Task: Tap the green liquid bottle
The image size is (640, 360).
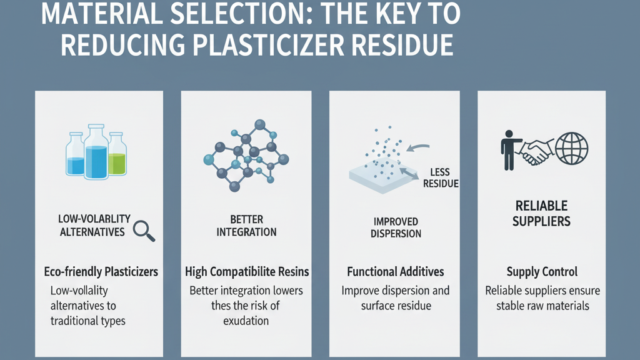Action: [117, 154]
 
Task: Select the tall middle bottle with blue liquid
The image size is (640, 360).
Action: [96, 152]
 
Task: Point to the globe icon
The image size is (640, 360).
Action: [571, 149]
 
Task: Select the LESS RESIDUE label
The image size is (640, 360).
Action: [441, 178]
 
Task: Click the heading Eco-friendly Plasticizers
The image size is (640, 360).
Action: [101, 272]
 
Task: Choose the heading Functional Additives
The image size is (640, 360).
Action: [396, 272]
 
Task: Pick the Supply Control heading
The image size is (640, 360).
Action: [542, 272]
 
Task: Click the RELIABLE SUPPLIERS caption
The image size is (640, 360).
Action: [542, 214]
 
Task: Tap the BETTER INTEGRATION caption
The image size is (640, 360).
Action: [246, 226]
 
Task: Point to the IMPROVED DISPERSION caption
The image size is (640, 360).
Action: [396, 227]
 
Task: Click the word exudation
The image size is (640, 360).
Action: [246, 321]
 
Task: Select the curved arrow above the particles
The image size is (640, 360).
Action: [418, 147]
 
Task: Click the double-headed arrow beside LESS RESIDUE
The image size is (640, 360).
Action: [409, 174]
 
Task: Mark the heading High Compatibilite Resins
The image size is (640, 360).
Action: [247, 272]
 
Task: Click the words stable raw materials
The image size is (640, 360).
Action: [542, 306]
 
